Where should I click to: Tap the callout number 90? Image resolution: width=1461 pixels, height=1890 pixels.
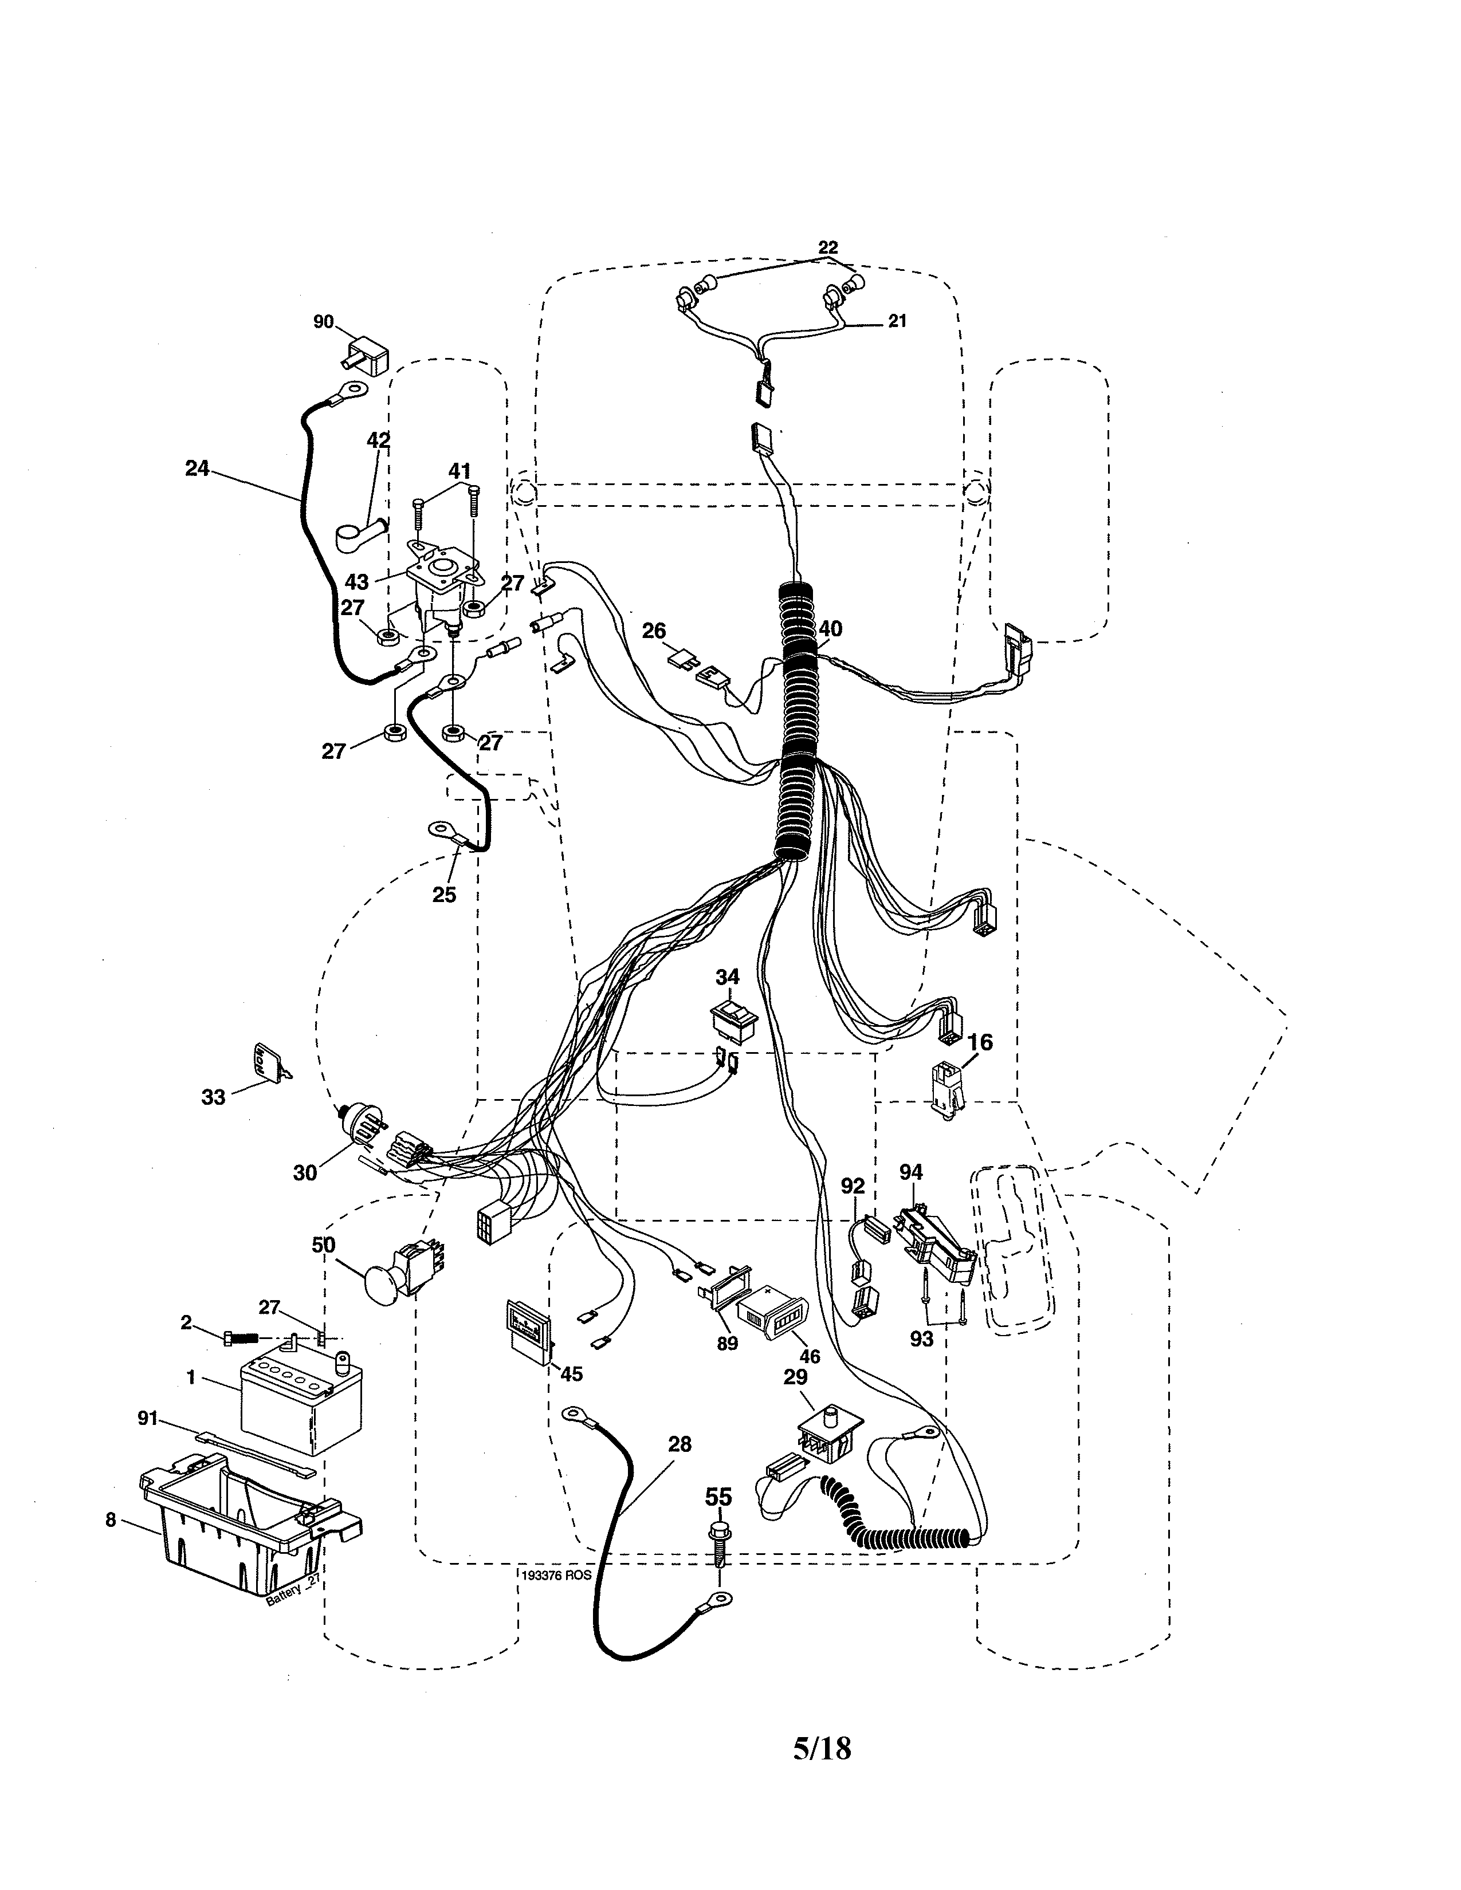[323, 322]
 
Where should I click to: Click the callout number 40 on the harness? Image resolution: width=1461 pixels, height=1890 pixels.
[829, 629]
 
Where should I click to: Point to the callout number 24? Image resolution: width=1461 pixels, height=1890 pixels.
[197, 468]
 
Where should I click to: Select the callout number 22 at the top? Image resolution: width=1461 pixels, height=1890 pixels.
[827, 247]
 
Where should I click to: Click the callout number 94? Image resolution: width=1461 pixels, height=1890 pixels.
[910, 1172]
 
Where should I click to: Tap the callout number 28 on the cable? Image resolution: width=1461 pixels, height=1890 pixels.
[680, 1443]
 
